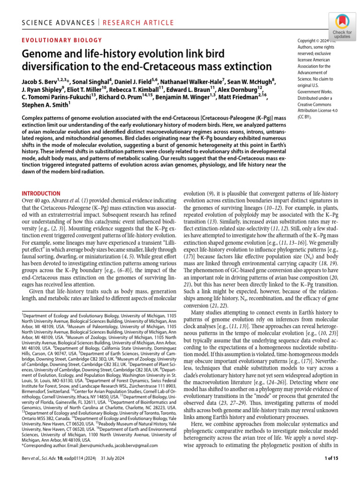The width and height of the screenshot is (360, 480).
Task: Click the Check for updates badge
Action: tap(342, 25)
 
